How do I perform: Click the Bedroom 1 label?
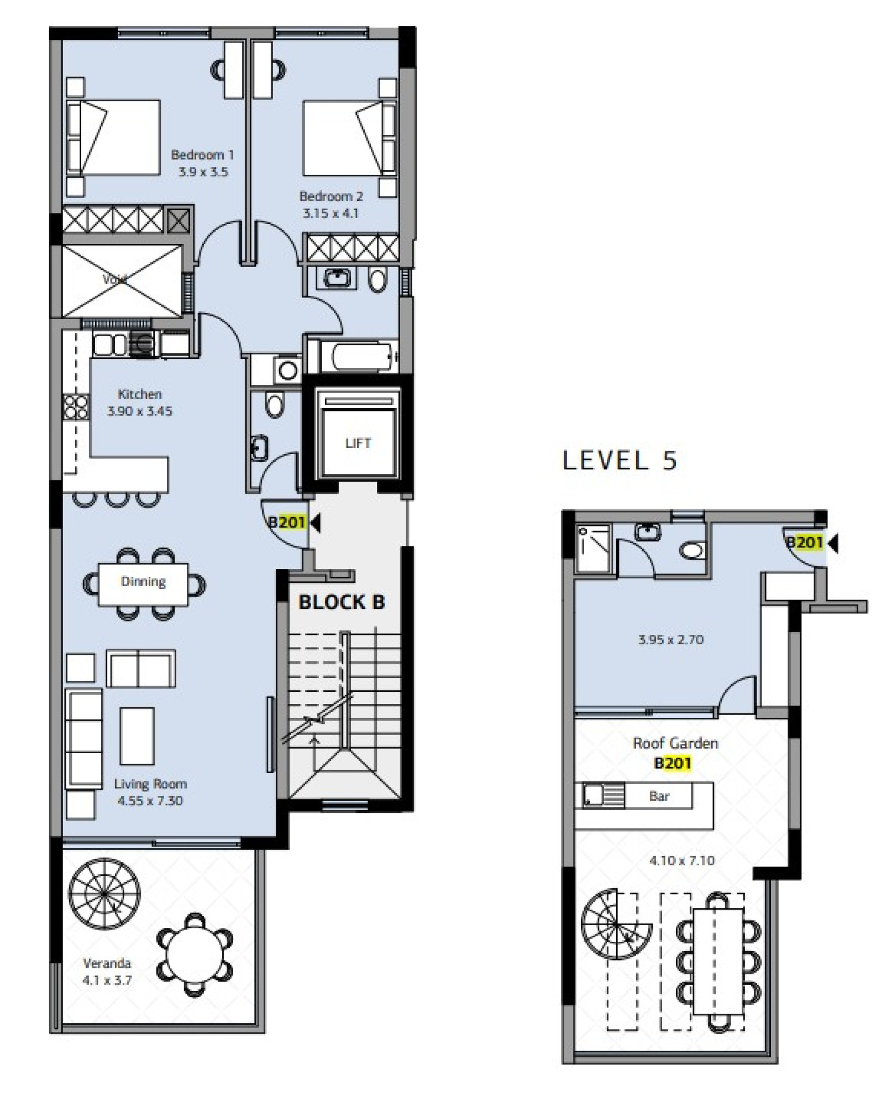(202, 155)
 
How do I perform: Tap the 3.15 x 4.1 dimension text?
(330, 213)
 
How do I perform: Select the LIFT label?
(358, 443)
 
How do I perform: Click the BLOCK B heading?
(342, 602)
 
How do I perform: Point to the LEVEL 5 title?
(620, 461)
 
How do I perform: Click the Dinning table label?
(143, 581)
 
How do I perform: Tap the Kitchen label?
(140, 394)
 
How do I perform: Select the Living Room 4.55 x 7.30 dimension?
(150, 801)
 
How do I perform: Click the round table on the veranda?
(194, 955)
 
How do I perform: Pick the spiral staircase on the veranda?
(104, 894)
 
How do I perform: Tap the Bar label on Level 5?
(659, 796)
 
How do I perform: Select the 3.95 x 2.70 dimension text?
(671, 640)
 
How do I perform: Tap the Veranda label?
(107, 963)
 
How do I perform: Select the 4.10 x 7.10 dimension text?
(682, 860)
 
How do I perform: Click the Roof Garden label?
(675, 743)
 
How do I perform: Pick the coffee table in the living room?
(137, 736)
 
